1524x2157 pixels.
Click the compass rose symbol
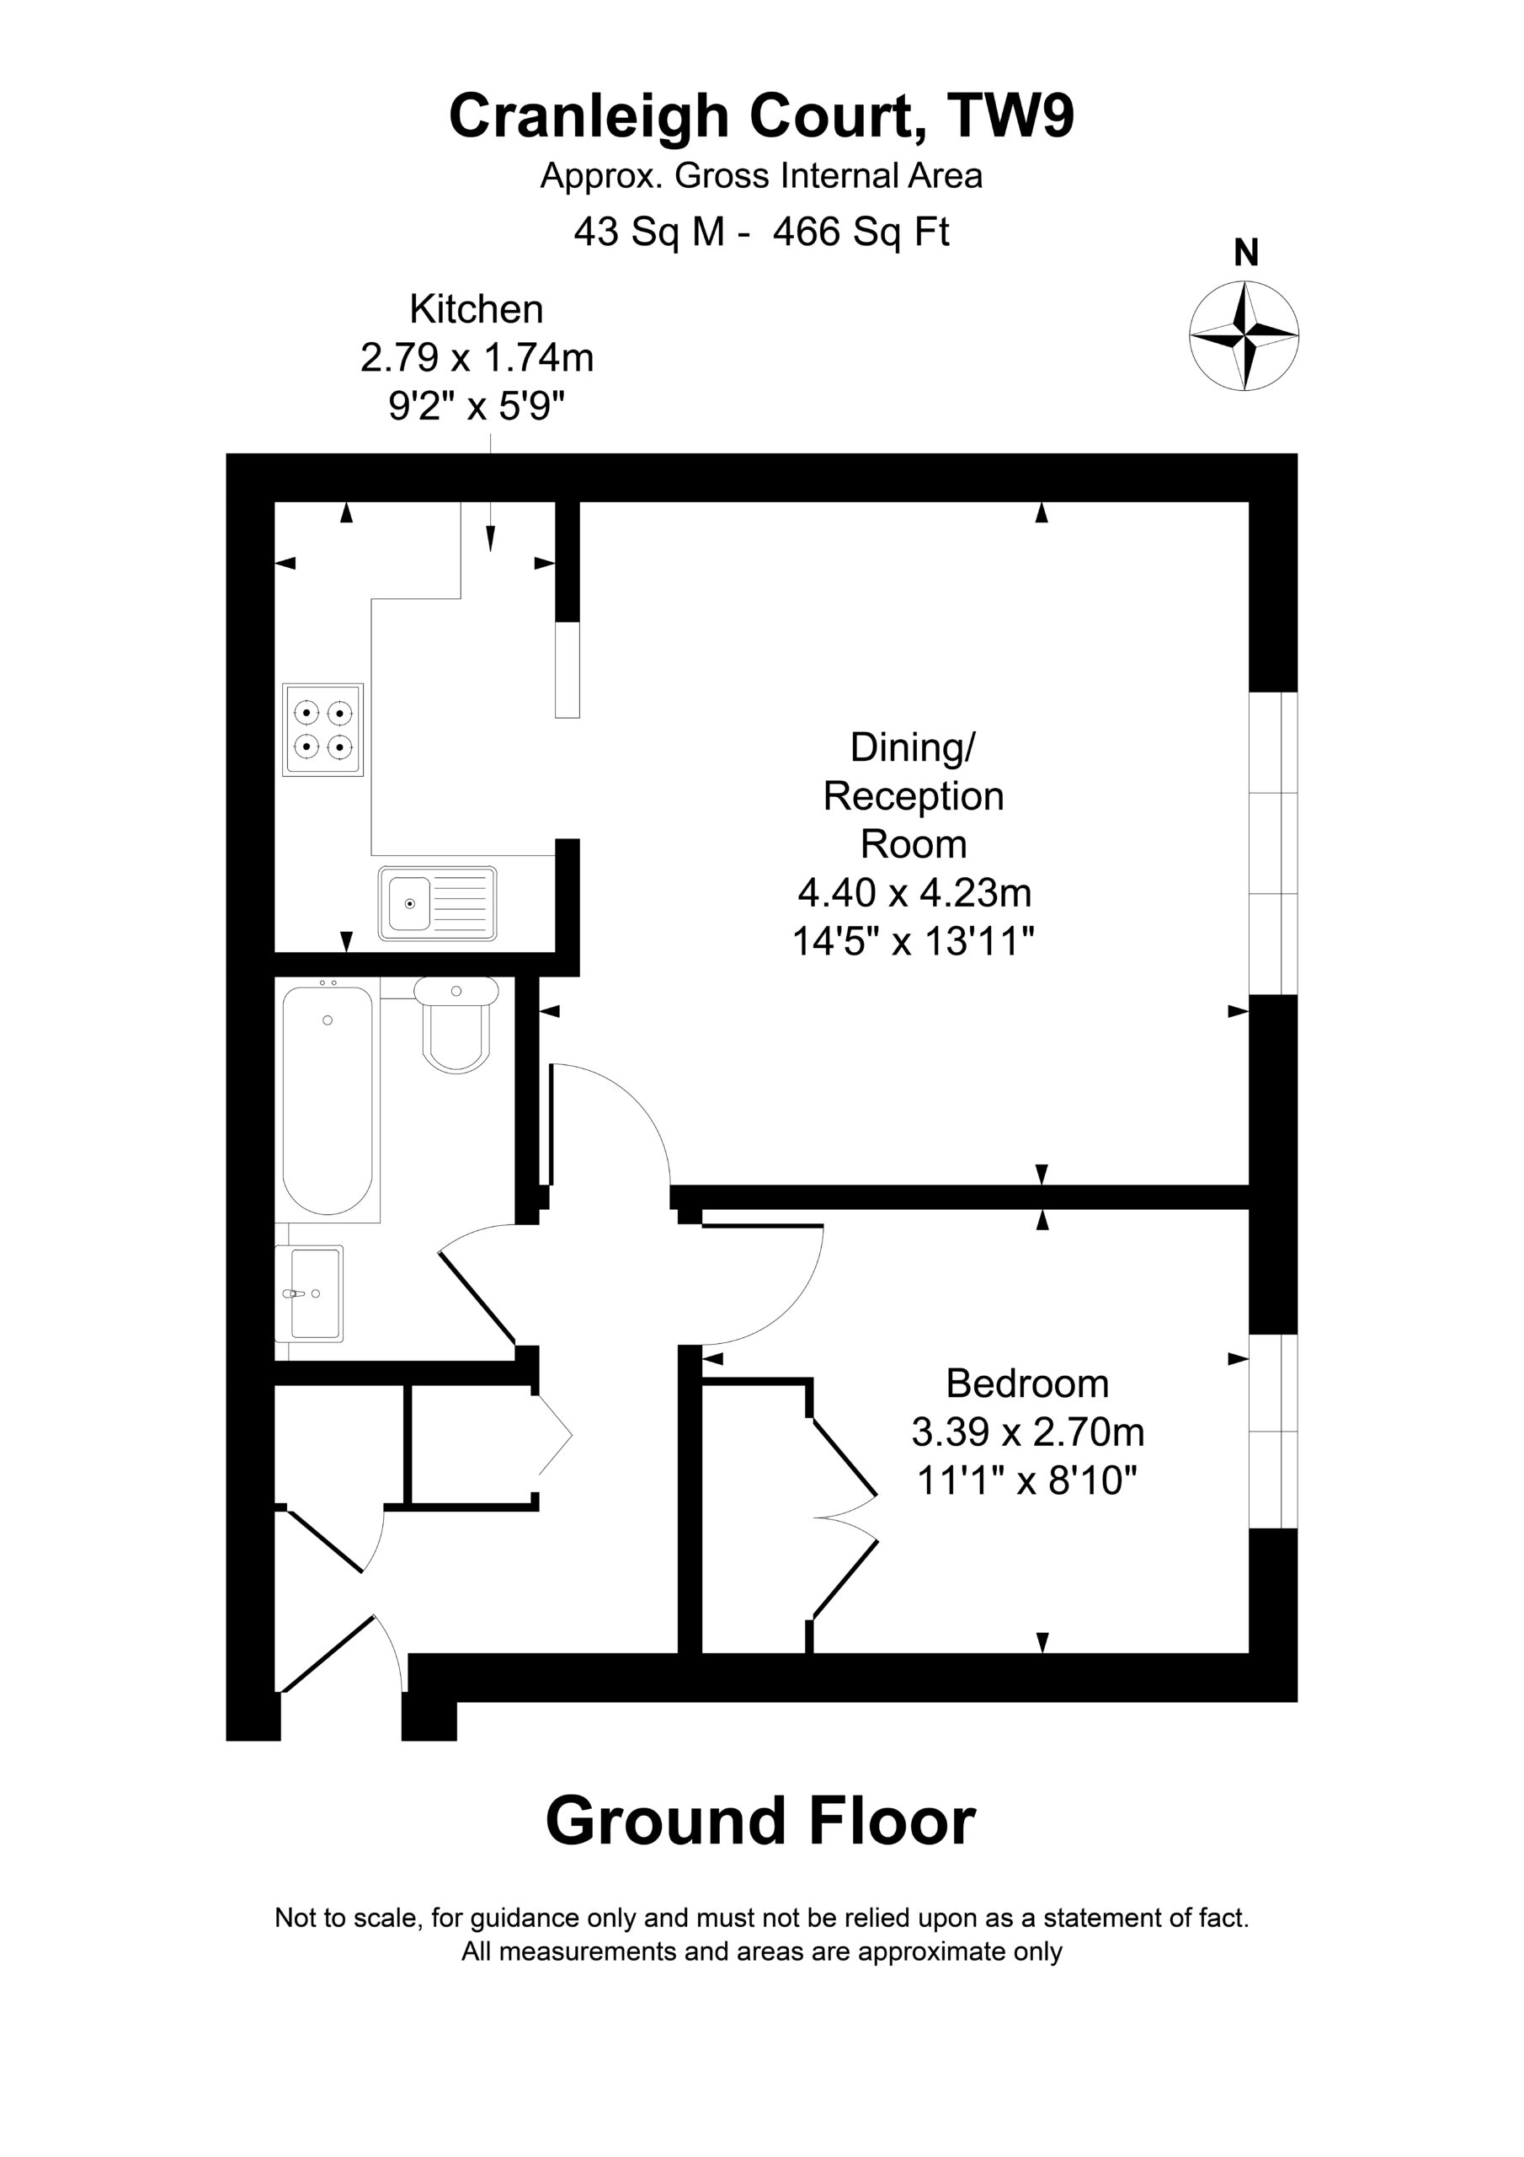tap(1244, 335)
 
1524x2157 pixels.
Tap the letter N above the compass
tap(1246, 253)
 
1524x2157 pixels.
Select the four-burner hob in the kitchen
tap(323, 729)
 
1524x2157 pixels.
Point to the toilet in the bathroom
tap(456, 1025)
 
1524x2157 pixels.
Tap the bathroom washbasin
tap(309, 1293)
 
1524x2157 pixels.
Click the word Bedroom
tap(1027, 1384)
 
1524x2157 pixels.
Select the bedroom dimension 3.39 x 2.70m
tap(1027, 1432)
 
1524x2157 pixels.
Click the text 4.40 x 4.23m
tap(914, 892)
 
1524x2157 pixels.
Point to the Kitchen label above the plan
tap(476, 309)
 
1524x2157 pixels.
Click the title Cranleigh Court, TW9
tap(761, 116)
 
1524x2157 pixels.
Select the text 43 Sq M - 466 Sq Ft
tap(761, 232)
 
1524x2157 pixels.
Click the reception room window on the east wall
tap(1273, 843)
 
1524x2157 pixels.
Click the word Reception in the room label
tap(914, 797)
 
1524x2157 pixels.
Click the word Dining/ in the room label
tap(914, 748)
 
